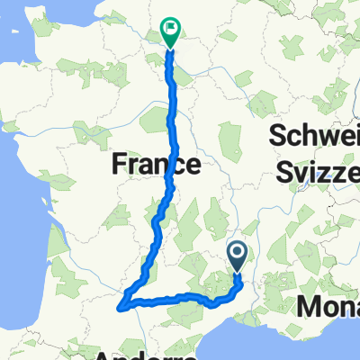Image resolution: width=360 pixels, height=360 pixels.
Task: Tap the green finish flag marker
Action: tap(169, 29)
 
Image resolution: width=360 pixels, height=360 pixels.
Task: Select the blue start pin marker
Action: tap(238, 256)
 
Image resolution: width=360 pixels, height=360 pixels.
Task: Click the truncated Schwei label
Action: tap(314, 138)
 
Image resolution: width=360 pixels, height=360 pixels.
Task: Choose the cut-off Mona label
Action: tap(328, 308)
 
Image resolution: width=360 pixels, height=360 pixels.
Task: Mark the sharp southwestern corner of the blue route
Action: tap(120, 309)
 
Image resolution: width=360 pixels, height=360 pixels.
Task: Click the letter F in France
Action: tap(118, 164)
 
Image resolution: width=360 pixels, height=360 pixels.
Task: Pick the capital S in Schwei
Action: tap(276, 138)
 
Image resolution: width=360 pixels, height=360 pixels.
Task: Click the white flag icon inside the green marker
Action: tap(169, 26)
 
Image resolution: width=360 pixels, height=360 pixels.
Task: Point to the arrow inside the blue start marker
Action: tap(238, 253)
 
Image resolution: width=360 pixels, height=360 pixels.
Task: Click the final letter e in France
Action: tap(193, 164)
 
